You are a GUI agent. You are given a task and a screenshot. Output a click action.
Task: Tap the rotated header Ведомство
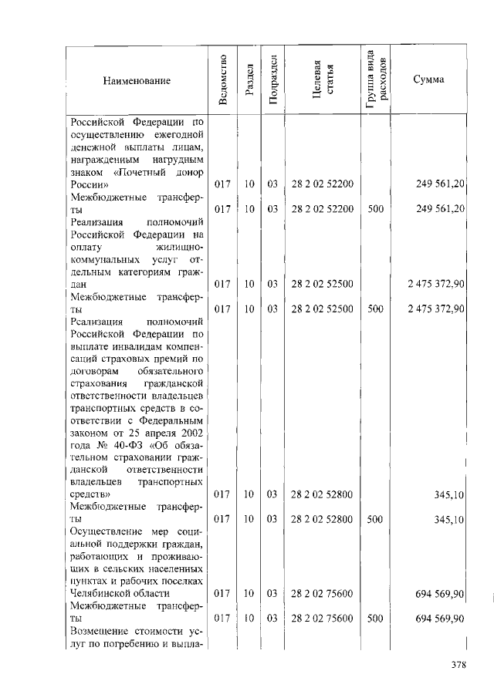click(x=222, y=80)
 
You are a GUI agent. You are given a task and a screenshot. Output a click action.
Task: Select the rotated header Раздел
click(x=249, y=80)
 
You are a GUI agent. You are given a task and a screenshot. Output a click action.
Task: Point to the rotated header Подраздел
click(x=272, y=80)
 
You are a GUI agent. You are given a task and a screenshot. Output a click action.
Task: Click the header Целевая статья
click(x=323, y=80)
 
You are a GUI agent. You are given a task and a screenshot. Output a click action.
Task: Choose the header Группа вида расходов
click(x=376, y=80)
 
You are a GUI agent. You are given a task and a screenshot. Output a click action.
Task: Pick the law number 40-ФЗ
click(x=130, y=449)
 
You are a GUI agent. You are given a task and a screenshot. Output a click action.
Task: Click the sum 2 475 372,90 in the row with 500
click(x=436, y=309)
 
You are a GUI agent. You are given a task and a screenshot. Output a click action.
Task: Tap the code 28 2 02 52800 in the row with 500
click(x=323, y=520)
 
